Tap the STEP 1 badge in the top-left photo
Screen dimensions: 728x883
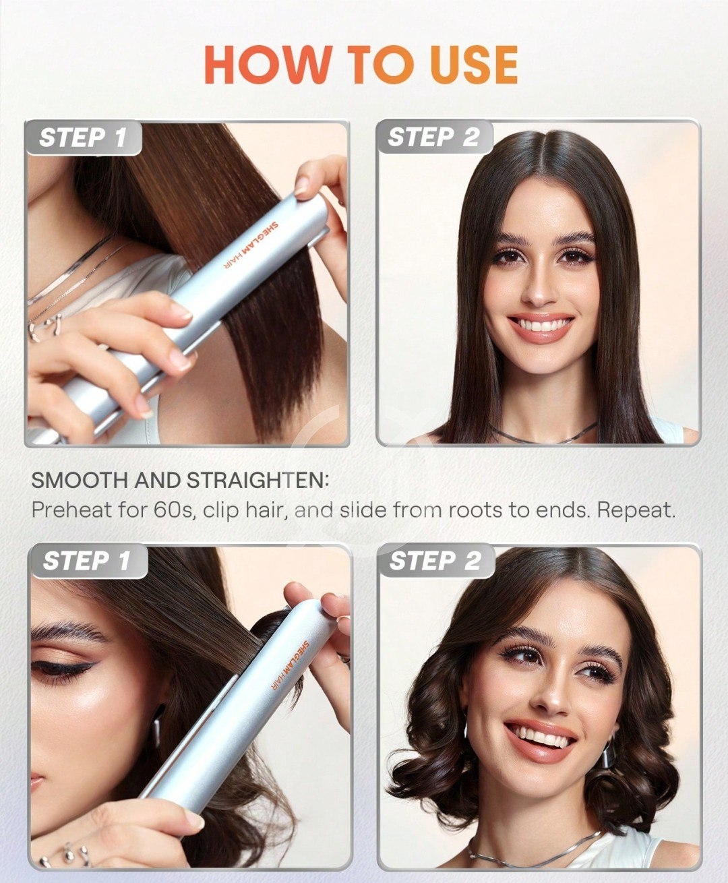point(83,138)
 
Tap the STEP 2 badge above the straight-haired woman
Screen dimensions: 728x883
point(434,138)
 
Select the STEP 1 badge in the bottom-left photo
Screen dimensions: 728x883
point(87,561)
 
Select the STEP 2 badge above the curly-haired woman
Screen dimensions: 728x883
point(435,561)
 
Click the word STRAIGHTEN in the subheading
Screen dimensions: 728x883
point(256,481)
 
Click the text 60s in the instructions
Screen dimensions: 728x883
point(174,510)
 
